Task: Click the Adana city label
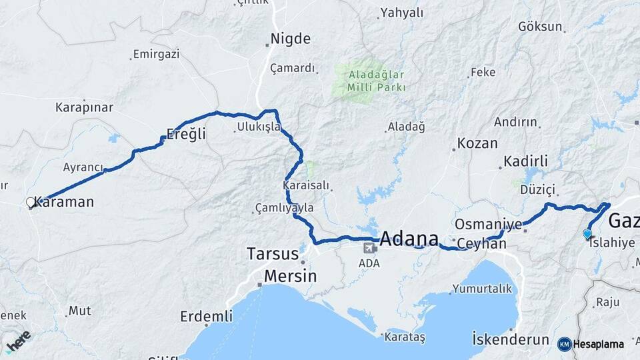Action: (x=409, y=239)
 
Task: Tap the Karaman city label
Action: (x=63, y=202)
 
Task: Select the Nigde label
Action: (x=291, y=39)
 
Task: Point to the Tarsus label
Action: (x=273, y=253)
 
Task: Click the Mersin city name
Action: (x=290, y=275)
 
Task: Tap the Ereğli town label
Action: (x=186, y=134)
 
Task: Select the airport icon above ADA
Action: (x=368, y=248)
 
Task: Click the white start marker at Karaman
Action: (x=30, y=202)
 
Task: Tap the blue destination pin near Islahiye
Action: (x=587, y=233)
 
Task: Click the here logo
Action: (x=18, y=341)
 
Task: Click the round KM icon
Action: (x=564, y=344)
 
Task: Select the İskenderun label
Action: (x=510, y=338)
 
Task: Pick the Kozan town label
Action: (x=477, y=143)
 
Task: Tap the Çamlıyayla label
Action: (x=284, y=208)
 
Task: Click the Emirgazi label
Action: (x=156, y=54)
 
